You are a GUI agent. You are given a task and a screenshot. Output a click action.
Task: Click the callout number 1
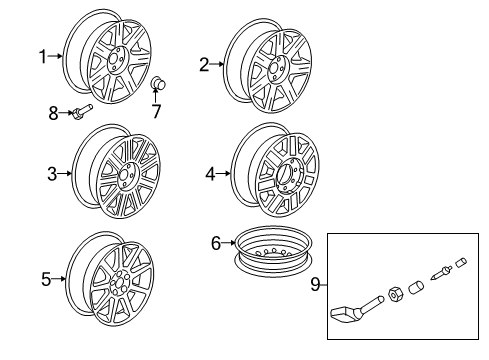[x=43, y=57]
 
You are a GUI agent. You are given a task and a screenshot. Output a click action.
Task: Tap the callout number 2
[x=204, y=65]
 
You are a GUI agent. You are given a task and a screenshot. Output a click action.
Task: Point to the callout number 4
[x=210, y=174]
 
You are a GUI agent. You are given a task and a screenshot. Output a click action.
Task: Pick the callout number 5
[x=45, y=279]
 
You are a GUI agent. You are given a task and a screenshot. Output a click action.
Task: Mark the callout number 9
[x=315, y=285]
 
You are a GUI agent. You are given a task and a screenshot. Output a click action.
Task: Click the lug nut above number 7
[x=157, y=83]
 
